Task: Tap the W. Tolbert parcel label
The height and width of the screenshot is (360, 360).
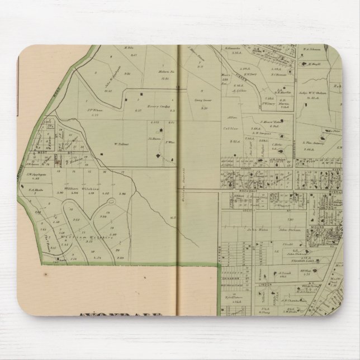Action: [x=122, y=144]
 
